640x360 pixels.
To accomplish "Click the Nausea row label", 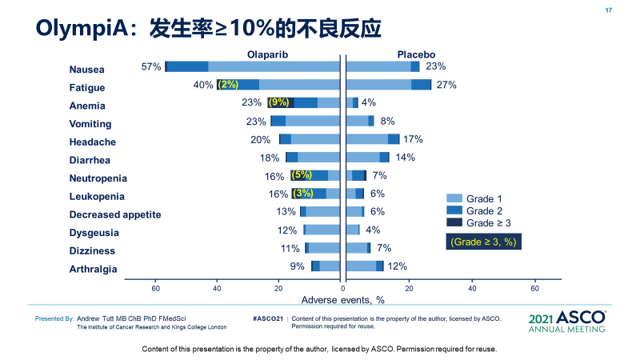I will coord(87,70).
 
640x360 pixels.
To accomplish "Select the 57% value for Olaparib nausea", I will coord(151,66).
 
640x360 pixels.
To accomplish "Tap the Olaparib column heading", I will coord(266,54).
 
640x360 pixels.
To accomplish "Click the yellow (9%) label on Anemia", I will coord(278,102).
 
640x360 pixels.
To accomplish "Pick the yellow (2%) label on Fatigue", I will coord(228,84).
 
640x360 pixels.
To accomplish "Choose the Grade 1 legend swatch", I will coord(453,198).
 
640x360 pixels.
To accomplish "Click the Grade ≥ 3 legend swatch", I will coord(453,223).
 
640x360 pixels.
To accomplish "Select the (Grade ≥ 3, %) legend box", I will coord(482,241).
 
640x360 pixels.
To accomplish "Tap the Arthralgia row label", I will coord(94,269).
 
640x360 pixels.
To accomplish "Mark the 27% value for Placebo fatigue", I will coord(446,85).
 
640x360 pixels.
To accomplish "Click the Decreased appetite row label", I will coord(115,214).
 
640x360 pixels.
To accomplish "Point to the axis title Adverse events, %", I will coord(343,300).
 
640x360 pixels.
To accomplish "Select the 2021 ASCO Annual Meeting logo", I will coord(567,322).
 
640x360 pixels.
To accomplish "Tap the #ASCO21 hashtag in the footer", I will coord(268,318).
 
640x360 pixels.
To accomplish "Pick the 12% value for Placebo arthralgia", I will coord(398,266).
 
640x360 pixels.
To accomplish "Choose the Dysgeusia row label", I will coord(94,233).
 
